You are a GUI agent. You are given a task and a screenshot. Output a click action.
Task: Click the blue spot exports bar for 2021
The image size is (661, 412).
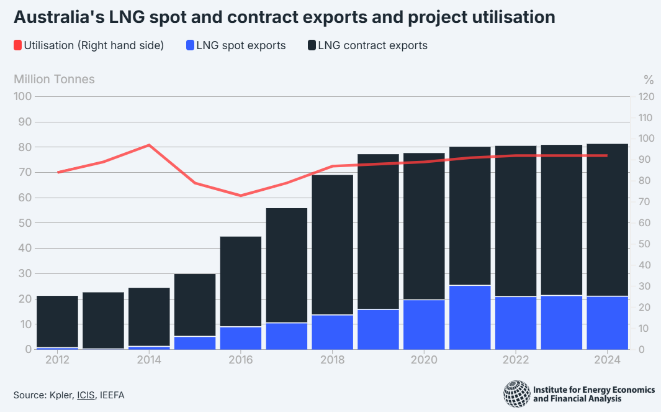[470, 317]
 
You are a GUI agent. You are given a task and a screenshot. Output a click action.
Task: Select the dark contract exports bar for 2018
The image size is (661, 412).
[332, 245]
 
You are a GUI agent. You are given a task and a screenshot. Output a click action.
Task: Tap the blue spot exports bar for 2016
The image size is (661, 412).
[240, 337]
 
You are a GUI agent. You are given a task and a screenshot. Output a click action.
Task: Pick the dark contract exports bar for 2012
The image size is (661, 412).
[57, 321]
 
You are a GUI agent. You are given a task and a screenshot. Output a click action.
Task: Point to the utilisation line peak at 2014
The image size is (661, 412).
[149, 145]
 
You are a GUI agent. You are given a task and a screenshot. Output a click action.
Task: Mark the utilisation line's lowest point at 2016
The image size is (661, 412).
[241, 196]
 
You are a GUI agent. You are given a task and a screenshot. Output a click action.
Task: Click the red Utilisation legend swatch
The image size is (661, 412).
[17, 45]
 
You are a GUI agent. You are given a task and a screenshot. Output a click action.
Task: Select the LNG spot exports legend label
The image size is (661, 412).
[241, 45]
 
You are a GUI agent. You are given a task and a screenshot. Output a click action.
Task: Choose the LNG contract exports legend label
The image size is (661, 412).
[372, 45]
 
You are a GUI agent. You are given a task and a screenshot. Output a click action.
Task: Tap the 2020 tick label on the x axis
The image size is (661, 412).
[425, 360]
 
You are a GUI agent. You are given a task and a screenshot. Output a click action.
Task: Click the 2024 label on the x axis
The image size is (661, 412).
[608, 360]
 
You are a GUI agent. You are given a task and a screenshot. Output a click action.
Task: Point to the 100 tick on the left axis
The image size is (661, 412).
[23, 96]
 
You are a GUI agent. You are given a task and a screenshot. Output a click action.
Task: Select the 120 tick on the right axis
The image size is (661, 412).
[646, 96]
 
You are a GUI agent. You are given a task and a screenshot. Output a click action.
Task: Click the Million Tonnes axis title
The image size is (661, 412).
[54, 79]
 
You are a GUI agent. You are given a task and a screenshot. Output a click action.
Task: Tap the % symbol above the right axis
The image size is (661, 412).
[649, 79]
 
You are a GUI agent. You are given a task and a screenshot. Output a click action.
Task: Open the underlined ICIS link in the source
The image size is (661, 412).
[86, 395]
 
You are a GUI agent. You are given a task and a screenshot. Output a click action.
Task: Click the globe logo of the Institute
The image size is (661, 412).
[516, 394]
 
